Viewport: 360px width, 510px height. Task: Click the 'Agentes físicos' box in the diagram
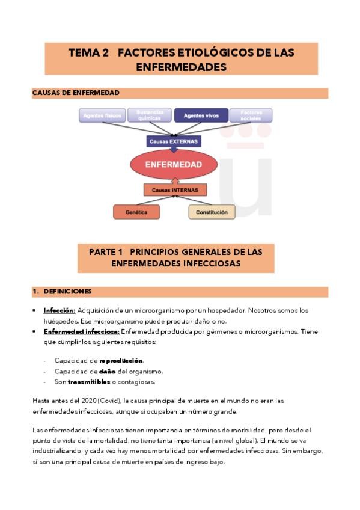click(102, 115)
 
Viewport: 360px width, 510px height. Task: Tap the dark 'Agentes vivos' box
click(201, 115)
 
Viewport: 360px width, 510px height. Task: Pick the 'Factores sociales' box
click(251, 115)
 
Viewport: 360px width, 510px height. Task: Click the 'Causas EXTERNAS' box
click(173, 141)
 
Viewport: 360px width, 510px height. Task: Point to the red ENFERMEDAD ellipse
click(174, 164)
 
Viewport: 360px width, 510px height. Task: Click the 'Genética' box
click(136, 212)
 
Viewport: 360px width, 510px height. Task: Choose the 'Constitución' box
click(212, 212)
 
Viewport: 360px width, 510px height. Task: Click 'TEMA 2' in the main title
click(88, 53)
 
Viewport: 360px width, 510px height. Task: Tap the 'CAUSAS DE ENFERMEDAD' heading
click(75, 93)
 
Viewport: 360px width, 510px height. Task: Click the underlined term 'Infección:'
click(59, 311)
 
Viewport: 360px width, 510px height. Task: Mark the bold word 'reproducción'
click(121, 360)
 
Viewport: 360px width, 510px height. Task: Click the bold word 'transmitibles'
click(89, 382)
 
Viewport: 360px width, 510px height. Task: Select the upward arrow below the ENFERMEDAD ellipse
click(174, 180)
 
